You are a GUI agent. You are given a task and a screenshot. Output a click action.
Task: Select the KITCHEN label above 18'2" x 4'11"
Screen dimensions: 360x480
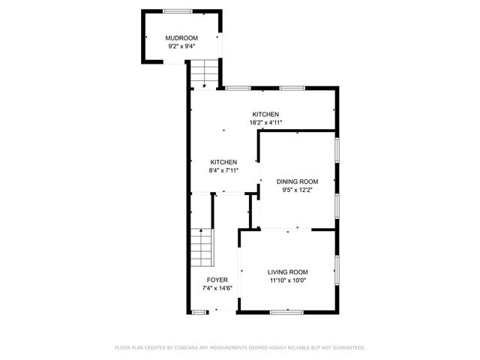265,114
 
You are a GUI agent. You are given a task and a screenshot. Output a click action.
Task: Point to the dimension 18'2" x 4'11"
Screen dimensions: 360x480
265,122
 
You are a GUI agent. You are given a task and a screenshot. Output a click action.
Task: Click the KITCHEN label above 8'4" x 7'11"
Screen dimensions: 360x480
223,162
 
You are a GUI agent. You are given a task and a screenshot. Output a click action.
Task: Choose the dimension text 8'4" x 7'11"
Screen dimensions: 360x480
223,170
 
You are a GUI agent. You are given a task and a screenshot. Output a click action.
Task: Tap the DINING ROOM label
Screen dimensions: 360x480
298,181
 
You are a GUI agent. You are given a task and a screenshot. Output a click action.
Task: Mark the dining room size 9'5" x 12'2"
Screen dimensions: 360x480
298,190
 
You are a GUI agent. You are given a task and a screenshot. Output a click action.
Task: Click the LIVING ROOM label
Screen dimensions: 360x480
288,272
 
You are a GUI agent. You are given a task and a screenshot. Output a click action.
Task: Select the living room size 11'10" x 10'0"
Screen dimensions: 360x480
288,280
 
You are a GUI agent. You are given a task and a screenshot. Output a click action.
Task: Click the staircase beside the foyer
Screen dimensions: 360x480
201,247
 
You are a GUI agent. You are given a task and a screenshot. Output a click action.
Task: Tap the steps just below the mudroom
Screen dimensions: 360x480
203,74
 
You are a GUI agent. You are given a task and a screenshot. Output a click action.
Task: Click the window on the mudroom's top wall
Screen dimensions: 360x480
177,10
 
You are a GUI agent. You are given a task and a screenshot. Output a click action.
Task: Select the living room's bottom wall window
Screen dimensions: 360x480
286,310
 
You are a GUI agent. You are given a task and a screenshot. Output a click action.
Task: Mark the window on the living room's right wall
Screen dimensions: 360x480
337,269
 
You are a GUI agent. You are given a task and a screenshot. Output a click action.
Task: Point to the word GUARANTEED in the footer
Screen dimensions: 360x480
348,348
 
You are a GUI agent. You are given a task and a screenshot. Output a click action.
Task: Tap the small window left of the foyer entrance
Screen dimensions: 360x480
199,310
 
